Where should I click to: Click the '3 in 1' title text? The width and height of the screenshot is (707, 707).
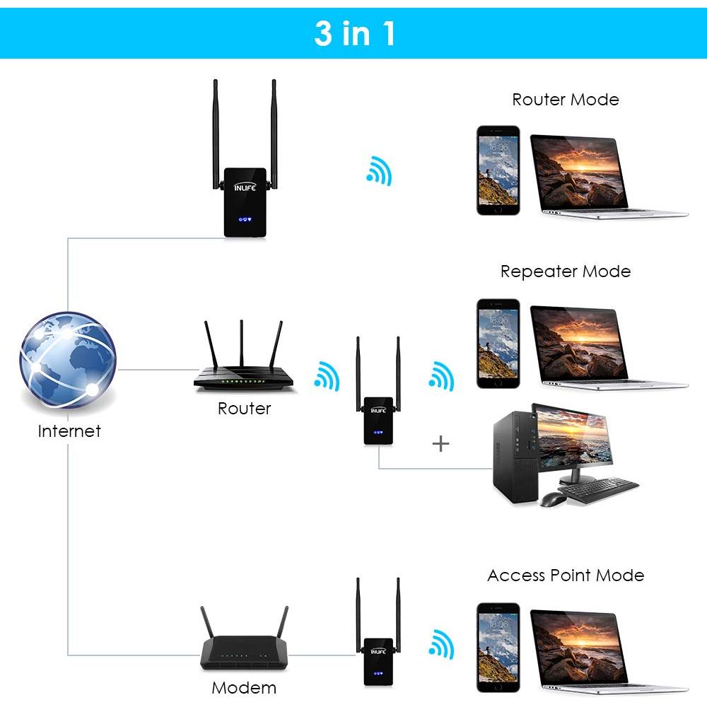point(354,33)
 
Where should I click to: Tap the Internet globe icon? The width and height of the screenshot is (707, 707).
point(67,363)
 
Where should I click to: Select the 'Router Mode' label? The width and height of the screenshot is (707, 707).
point(565,100)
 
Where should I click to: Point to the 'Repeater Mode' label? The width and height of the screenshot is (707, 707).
point(565,271)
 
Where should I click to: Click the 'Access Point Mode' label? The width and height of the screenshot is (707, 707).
point(565,575)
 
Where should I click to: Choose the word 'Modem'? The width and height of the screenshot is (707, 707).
point(244,687)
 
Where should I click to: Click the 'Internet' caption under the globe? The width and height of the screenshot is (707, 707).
point(69,431)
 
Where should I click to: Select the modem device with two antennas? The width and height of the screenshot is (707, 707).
point(244,647)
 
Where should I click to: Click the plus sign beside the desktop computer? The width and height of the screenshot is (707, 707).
point(440,444)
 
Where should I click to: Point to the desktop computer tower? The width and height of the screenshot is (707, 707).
point(515,460)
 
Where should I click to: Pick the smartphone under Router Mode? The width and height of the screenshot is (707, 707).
point(497,170)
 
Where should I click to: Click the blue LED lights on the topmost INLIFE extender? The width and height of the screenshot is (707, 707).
point(245,220)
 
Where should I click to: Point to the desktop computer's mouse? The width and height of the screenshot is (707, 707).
point(552,500)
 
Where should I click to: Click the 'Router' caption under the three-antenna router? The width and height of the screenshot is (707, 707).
point(244,409)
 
